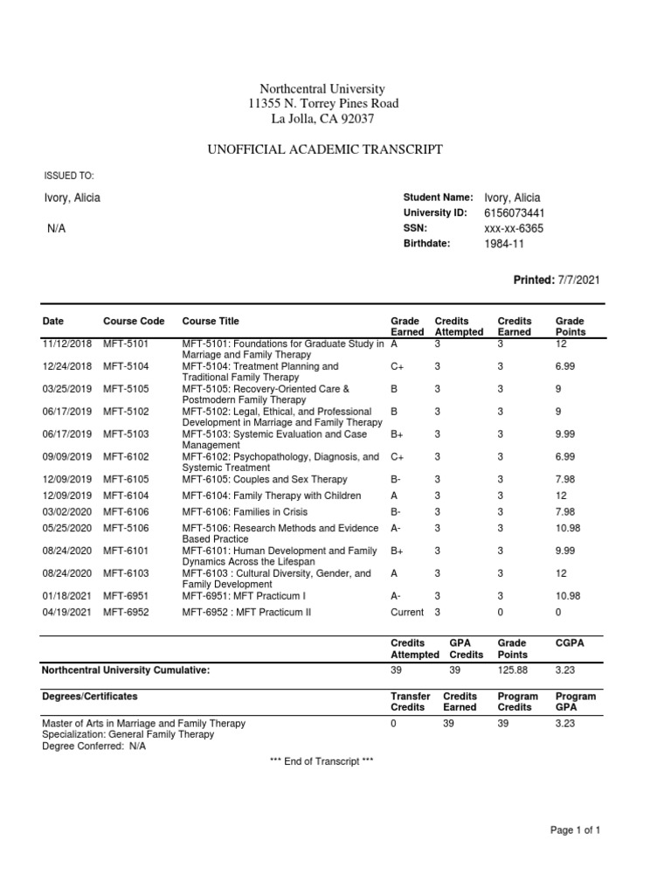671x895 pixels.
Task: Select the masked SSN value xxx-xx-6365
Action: [514, 229]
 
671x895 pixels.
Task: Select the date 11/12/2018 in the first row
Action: [67, 344]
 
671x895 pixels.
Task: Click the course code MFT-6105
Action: [127, 480]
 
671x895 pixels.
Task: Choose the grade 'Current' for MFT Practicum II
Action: [406, 613]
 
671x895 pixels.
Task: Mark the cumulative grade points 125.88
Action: [514, 670]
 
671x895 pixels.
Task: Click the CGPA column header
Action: [569, 642]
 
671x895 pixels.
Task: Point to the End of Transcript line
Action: [322, 762]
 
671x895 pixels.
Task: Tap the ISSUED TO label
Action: [68, 177]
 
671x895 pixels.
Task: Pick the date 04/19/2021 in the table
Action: [67, 613]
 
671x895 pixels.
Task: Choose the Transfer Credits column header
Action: [410, 702]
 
